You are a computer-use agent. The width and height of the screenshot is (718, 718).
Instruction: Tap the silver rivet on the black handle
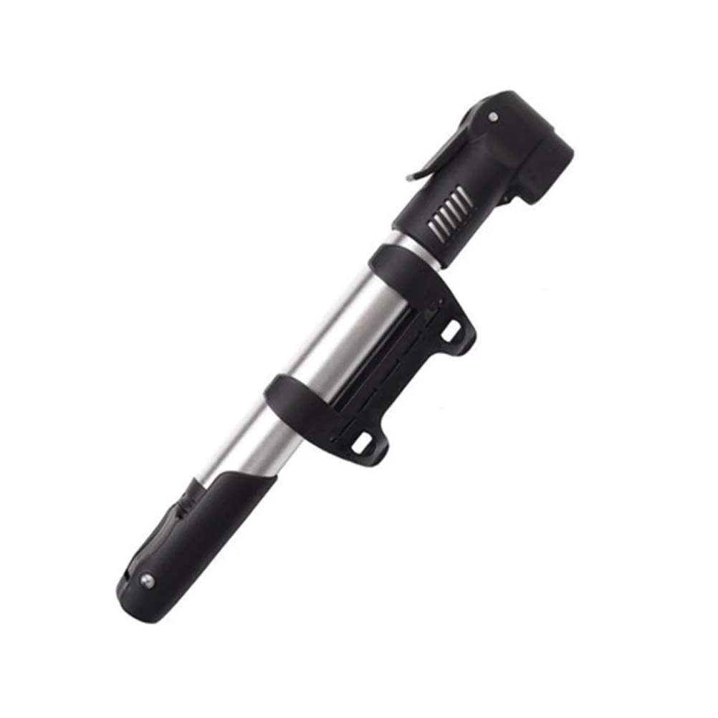[147, 581]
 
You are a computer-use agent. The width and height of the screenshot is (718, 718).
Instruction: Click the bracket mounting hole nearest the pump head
[451, 331]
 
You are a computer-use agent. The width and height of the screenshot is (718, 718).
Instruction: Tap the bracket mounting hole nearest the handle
[362, 443]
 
